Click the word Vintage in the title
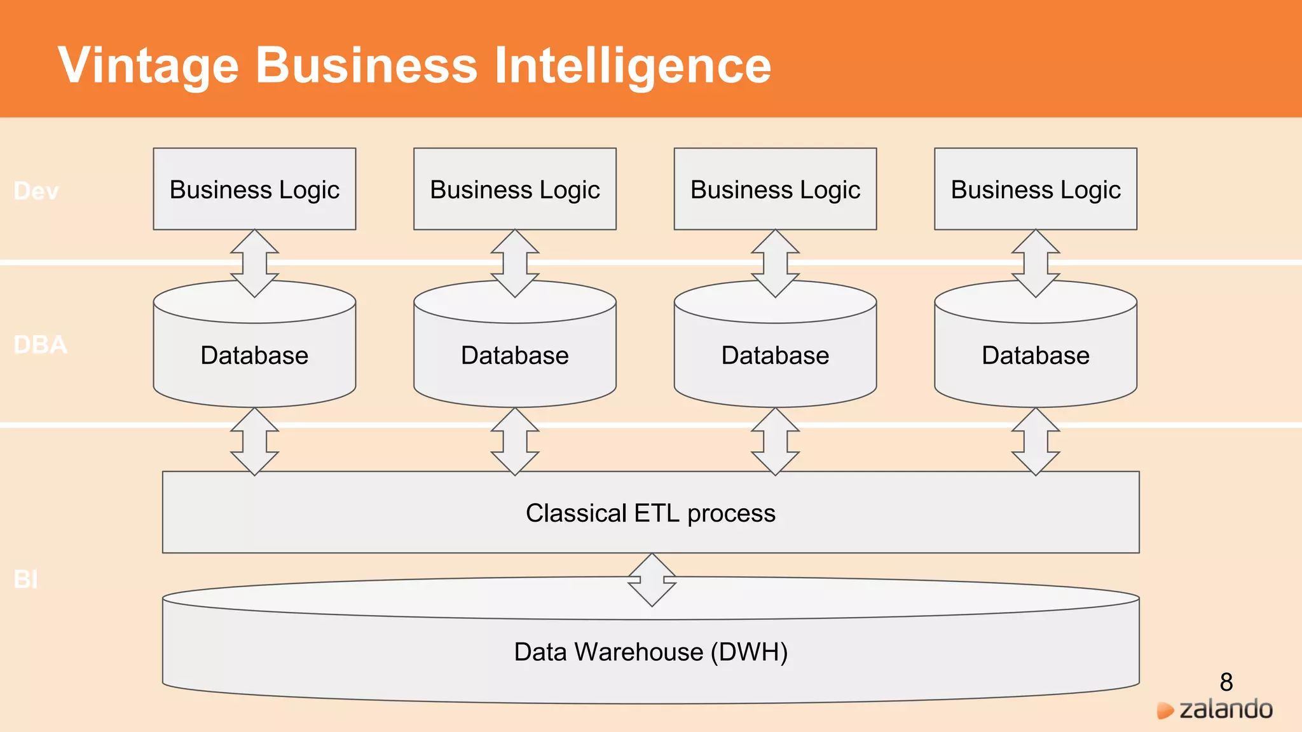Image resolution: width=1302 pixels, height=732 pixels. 148,65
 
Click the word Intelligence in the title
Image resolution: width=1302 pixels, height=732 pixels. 633,65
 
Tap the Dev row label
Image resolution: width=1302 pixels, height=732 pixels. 36,191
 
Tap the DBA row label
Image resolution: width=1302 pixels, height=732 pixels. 40,345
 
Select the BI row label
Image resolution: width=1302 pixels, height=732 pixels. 26,579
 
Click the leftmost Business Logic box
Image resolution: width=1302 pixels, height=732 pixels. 254,189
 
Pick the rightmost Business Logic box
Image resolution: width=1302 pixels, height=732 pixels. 1035,189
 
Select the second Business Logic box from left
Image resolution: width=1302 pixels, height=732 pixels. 515,189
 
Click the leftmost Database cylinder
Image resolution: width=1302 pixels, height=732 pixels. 254,355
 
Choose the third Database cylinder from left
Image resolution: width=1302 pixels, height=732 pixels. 775,355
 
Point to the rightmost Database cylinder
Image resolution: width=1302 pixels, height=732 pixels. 1035,355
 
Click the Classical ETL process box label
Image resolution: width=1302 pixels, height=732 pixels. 650,513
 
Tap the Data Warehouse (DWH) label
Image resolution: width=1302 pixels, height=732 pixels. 650,653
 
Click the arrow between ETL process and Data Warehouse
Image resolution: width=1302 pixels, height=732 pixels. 652,579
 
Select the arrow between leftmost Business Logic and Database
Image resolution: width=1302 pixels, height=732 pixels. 254,263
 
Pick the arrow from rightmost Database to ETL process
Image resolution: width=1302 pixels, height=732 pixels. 1036,442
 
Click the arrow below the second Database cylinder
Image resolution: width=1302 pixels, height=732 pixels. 515,442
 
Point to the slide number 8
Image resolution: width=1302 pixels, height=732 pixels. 1226,682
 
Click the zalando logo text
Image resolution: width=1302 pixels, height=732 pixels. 1226,709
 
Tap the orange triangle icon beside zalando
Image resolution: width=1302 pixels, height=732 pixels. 1165,710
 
